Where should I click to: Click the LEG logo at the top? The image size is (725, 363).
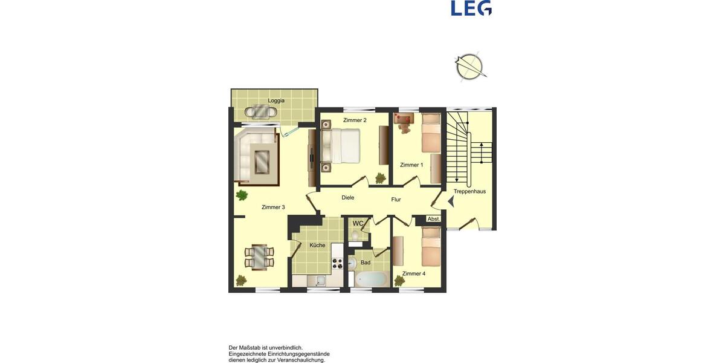click(x=471, y=8)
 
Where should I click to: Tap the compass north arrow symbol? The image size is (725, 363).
click(x=470, y=67)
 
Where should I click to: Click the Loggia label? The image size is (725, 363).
click(x=276, y=100)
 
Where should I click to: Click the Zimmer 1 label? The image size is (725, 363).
click(x=411, y=165)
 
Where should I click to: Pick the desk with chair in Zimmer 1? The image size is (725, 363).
click(x=404, y=122)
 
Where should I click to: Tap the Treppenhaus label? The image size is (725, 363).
click(x=469, y=191)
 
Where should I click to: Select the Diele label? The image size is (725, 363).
click(x=347, y=197)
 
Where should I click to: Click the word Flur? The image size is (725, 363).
click(x=396, y=199)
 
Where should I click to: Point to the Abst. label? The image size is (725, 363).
click(x=433, y=219)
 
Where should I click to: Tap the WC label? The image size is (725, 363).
click(x=358, y=223)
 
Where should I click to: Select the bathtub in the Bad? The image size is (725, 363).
click(x=371, y=279)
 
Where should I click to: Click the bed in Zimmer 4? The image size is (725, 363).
click(x=431, y=247)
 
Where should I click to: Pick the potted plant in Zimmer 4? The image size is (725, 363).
click(x=399, y=280)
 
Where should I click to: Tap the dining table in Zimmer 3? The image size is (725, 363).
click(x=259, y=257)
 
